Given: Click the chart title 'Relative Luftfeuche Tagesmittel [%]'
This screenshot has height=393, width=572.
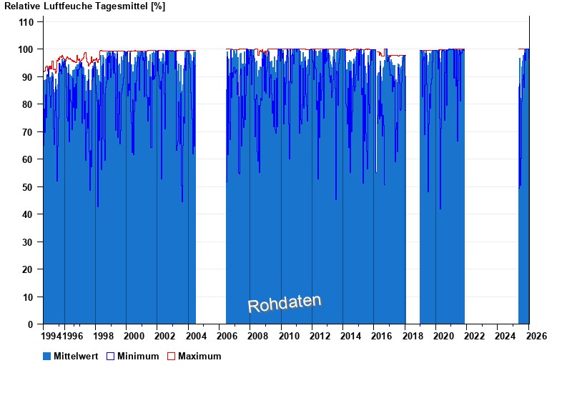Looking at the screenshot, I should pyautogui.click(x=84, y=6).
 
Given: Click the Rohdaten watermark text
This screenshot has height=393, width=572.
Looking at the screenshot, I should pyautogui.click(x=285, y=303).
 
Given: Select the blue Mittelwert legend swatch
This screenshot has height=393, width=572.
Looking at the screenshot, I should pyautogui.click(x=47, y=356).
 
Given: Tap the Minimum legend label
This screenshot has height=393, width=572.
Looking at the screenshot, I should pyautogui.click(x=138, y=356).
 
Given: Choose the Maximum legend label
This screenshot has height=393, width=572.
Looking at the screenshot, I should pyautogui.click(x=199, y=356).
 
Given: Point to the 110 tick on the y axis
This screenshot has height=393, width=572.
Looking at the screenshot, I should pyautogui.click(x=26, y=22).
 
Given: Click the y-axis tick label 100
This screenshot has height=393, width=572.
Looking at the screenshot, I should pyautogui.click(x=26, y=49).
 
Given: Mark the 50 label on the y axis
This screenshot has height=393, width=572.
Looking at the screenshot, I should pyautogui.click(x=29, y=187).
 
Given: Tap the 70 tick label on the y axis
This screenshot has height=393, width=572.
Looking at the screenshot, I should pyautogui.click(x=29, y=132).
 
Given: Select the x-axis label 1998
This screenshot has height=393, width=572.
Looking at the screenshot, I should pyautogui.click(x=104, y=336).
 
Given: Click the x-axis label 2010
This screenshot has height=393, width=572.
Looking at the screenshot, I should pyautogui.click(x=290, y=336).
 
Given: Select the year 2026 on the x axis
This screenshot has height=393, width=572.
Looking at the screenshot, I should pyautogui.click(x=538, y=336).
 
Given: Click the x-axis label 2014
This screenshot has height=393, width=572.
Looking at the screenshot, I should pyautogui.click(x=352, y=336).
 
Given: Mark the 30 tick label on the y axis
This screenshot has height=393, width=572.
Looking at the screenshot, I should pyautogui.click(x=29, y=242).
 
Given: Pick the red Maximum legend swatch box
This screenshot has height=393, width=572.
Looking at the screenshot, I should pyautogui.click(x=171, y=356).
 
